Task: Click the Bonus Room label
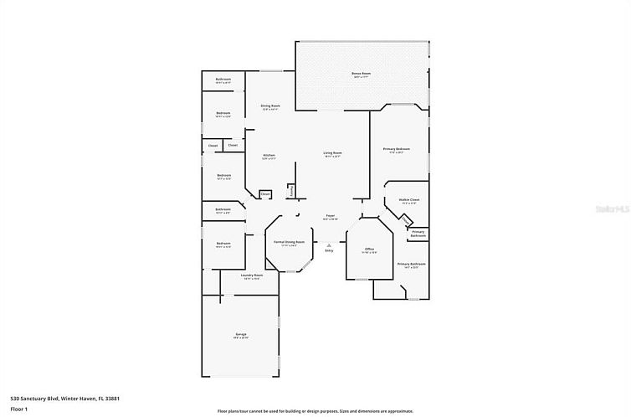[361, 74]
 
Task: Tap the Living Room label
[333, 153]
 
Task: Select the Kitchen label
[269, 156]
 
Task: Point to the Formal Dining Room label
[289, 242]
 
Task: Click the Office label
[369, 249]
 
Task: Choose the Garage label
[241, 334]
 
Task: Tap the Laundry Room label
[252, 275]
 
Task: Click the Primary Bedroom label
[396, 149]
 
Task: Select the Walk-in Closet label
[408, 200]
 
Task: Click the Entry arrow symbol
[329, 245]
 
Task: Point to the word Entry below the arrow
[329, 250]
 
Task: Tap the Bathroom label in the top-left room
[223, 80]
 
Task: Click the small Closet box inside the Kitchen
[265, 194]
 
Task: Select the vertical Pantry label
[290, 192]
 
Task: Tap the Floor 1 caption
[19, 409]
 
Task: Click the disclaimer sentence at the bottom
[315, 411]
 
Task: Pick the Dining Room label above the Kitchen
[269, 106]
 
